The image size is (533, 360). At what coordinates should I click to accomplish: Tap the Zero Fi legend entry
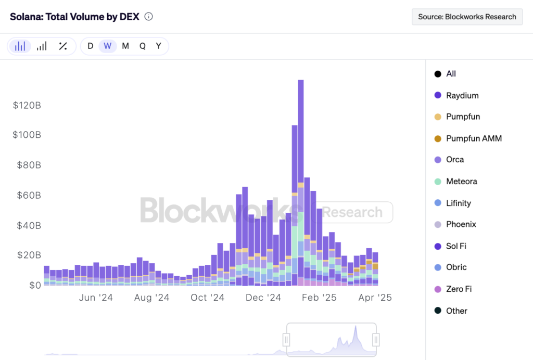pos(459,289)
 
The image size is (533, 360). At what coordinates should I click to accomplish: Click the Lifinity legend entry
pos(460,203)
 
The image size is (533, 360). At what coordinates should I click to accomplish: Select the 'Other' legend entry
pos(456,311)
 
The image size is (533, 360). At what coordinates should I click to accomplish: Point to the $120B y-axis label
pos(27,106)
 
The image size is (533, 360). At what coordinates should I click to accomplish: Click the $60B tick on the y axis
pos(27,196)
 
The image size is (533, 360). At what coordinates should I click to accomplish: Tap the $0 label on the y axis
pos(34,286)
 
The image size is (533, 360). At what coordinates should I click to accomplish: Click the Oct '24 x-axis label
pos(207,298)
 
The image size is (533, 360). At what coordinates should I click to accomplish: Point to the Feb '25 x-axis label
pos(320,298)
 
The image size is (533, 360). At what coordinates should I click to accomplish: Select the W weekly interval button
pos(108,46)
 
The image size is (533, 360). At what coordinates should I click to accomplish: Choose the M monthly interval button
pos(125,46)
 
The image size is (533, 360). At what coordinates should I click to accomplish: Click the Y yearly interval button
pos(159,46)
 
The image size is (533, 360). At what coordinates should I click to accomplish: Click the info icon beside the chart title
pos(148,17)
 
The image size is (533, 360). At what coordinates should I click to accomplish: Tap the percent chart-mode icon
pos(63,46)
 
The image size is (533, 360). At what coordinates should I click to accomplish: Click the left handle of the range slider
pos(286,340)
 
